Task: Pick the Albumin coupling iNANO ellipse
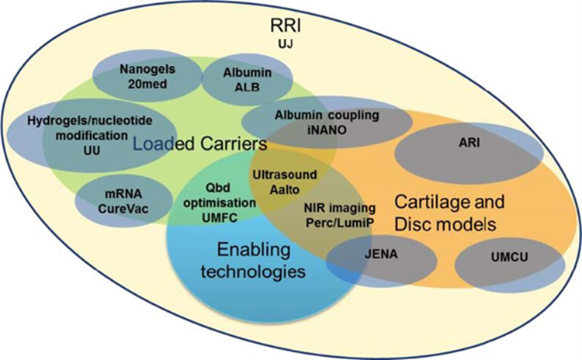[327, 123]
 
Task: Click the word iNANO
[327, 130]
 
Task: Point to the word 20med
[144, 85]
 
